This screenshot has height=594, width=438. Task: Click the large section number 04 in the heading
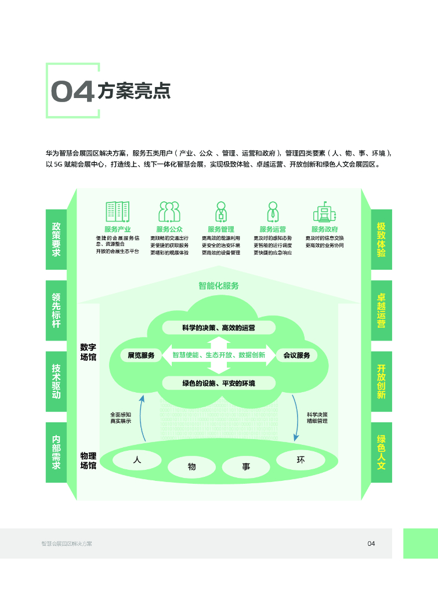pos(72,92)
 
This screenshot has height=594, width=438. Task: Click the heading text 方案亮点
pos(134,91)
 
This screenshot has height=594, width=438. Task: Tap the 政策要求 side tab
pos(56,239)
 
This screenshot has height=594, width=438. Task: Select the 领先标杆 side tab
pos(56,310)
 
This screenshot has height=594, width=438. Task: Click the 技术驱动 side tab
pos(56,381)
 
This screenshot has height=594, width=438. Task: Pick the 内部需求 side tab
pos(56,452)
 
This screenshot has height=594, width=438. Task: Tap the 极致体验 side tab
pos(381,239)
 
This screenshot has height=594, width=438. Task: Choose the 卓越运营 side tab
pos(381,310)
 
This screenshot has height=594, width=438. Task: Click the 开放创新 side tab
pos(381,381)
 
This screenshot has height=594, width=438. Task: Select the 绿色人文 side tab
pos(381,452)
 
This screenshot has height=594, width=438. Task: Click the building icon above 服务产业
pos(117,212)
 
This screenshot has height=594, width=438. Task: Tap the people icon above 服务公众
pos(169,212)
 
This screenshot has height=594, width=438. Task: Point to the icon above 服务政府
pos(324,212)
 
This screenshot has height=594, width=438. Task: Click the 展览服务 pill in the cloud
pos(141,355)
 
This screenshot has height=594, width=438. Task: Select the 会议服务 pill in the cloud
pos(296,355)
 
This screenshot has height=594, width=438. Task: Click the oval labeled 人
pos(137,460)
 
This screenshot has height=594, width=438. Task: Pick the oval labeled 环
pos(301,460)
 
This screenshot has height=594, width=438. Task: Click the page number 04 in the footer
pos(371,544)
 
